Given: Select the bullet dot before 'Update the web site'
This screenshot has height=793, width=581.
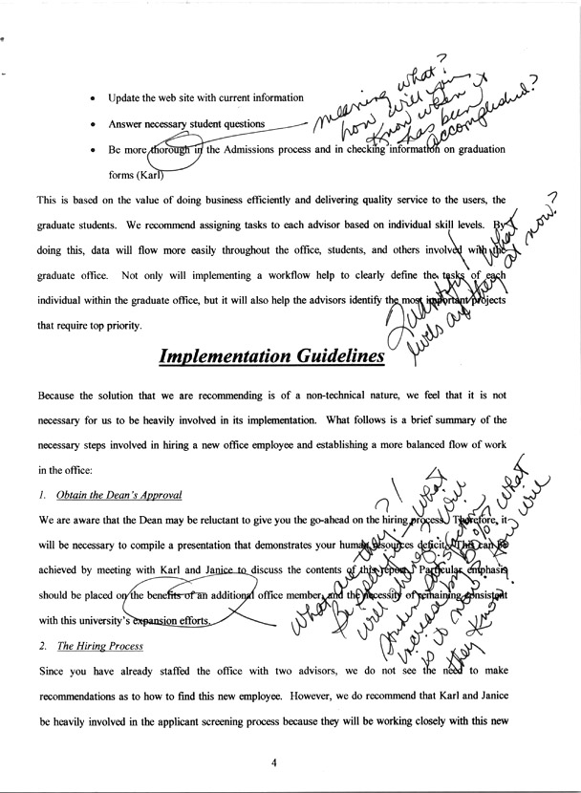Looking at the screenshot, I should (x=91, y=97).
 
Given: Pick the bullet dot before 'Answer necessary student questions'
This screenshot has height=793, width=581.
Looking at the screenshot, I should (x=91, y=124).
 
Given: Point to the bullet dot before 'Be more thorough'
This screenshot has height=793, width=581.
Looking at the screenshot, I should (x=91, y=151).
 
